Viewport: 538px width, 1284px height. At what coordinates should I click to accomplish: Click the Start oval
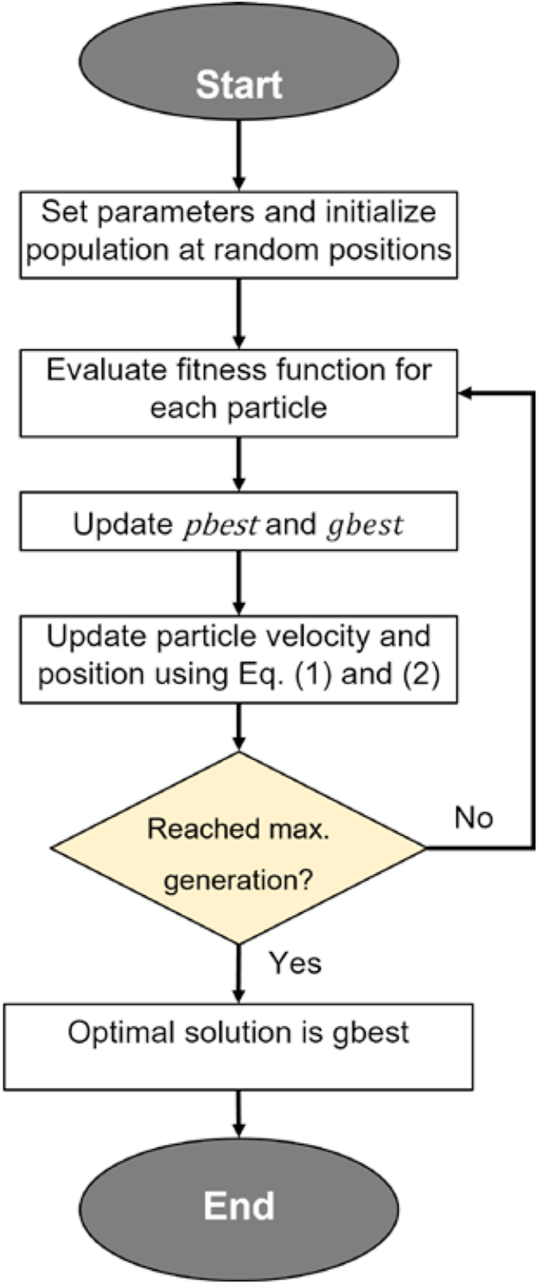239,64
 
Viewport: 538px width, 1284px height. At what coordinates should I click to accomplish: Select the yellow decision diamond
239,848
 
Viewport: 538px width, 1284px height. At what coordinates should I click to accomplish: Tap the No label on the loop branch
474,818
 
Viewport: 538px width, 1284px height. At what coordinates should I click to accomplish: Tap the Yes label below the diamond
294,963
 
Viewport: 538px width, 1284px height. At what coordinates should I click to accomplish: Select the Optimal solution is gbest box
239,1047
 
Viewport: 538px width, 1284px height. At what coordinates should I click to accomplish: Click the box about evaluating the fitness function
239,393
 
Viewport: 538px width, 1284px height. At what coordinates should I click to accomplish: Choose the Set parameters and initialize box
239,234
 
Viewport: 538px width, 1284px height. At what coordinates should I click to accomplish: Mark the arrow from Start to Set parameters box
239,156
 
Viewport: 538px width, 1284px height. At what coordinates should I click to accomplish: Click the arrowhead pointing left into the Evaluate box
466,393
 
